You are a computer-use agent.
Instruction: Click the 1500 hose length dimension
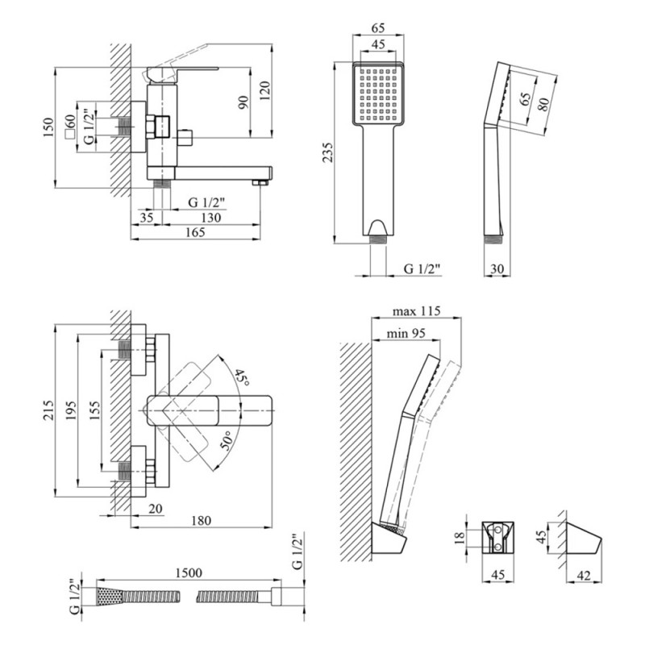tap(189, 572)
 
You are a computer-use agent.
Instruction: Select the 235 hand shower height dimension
tap(327, 152)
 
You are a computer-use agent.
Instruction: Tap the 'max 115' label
tap(416, 311)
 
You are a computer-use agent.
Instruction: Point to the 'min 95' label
tap(406, 333)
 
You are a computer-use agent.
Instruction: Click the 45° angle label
tap(243, 377)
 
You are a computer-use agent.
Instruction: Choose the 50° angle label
tap(228, 440)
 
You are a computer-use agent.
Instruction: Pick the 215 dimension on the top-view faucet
tap(48, 410)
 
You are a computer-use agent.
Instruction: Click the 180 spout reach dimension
tap(201, 521)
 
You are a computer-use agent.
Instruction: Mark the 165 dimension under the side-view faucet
tap(195, 232)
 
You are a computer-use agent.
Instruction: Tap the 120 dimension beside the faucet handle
tap(264, 91)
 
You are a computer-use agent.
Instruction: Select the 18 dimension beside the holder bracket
tap(460, 536)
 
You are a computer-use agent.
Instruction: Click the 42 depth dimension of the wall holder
tap(584, 576)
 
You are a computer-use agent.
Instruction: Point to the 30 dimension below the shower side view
tap(497, 269)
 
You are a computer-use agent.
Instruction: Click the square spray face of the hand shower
tap(378, 93)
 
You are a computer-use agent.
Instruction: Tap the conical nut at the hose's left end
tap(110, 596)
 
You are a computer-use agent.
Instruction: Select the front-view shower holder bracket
tap(497, 537)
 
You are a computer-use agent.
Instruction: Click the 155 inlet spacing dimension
tap(94, 410)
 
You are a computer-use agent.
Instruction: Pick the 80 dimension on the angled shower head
tap(543, 104)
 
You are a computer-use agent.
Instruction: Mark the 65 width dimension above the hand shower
tap(378, 28)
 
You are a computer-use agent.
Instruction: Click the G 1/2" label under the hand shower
tap(422, 268)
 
